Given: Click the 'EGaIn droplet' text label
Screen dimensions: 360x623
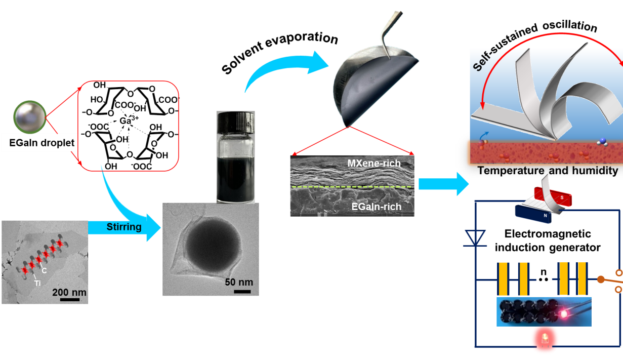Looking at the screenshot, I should [42, 143].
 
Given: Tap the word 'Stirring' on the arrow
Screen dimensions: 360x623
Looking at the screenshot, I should [124, 226].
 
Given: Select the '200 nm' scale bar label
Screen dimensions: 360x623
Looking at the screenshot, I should [69, 292].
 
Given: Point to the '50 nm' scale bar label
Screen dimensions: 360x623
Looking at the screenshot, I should [238, 282].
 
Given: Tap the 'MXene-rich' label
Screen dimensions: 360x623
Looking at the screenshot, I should [374, 164].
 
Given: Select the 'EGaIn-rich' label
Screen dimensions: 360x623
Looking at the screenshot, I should [376, 207].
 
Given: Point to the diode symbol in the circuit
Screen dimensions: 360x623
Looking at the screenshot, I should [475, 237].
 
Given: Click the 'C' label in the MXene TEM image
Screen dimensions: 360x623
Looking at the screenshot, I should [45, 270].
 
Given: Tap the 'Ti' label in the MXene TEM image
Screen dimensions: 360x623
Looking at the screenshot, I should [38, 283].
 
